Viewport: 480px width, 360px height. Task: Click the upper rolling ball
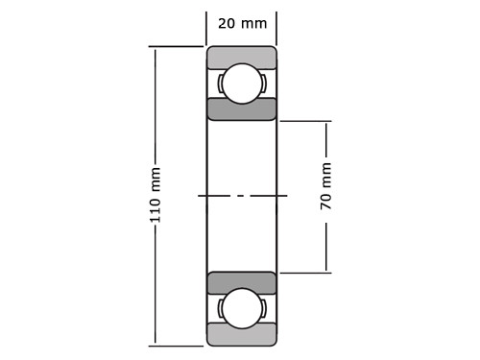click(242, 84)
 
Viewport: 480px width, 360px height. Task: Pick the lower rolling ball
click(242, 308)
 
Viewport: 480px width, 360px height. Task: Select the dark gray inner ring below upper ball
click(242, 109)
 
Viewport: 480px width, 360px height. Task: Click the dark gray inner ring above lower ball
click(242, 282)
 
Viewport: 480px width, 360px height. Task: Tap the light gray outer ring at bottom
click(242, 335)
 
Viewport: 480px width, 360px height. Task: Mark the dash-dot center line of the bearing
click(242, 196)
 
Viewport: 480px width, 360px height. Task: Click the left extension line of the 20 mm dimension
click(207, 27)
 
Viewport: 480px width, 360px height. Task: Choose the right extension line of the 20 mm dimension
click(276, 27)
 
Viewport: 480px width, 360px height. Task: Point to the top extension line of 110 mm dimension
click(178, 46)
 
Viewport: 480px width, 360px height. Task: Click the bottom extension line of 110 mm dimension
click(178, 345)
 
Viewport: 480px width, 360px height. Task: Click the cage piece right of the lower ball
click(263, 308)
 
